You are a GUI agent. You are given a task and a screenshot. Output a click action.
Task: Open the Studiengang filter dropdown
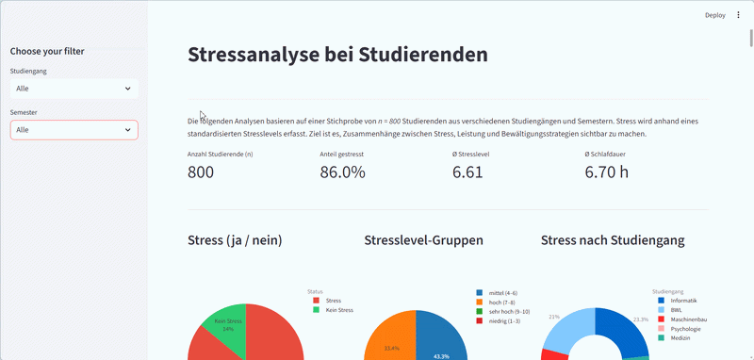[x=74, y=89]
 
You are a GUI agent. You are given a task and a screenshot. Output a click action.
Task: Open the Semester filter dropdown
[x=74, y=130]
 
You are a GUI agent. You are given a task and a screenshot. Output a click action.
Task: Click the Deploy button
[x=714, y=15]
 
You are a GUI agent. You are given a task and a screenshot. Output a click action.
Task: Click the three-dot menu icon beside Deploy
[x=738, y=15]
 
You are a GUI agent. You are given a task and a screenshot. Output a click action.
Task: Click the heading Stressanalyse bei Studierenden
[x=337, y=55]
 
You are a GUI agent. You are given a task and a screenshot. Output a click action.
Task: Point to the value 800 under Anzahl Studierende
[x=201, y=172]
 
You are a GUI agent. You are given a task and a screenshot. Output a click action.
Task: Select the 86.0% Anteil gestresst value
[x=342, y=172]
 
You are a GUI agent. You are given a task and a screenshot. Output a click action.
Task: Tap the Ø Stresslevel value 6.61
[x=467, y=172]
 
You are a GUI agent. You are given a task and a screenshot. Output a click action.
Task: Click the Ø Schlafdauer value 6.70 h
[x=606, y=172]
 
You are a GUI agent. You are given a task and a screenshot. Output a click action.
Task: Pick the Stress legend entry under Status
[x=333, y=300]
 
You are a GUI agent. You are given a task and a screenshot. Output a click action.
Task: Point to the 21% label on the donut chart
[x=554, y=318]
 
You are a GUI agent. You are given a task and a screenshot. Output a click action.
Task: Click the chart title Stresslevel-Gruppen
[x=423, y=240]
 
